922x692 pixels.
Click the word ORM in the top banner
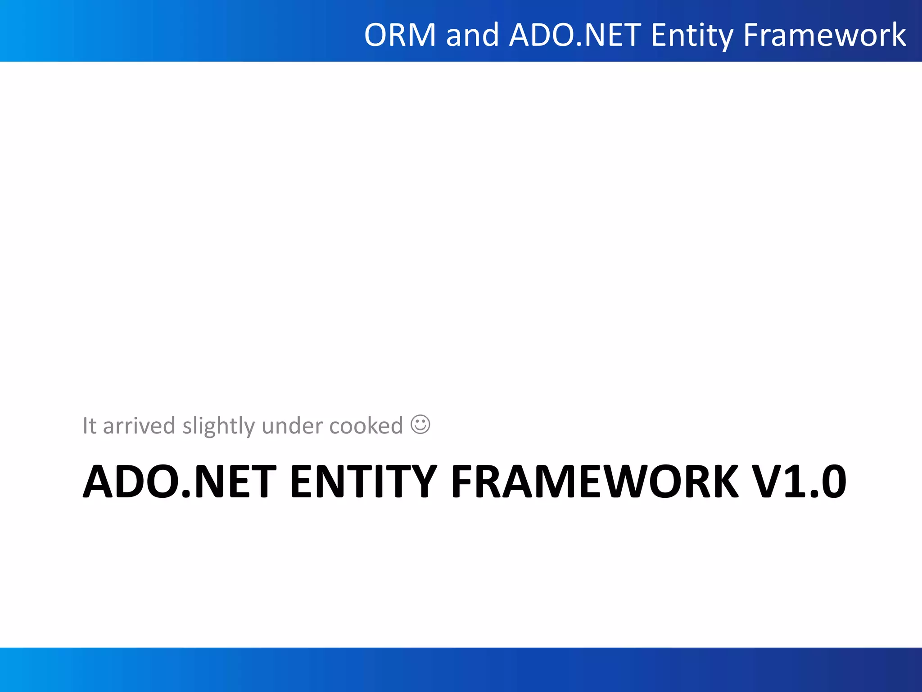tap(400, 35)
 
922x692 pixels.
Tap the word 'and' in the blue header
tap(472, 35)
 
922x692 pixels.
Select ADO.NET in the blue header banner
tap(575, 35)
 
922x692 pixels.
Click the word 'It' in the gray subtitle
tap(89, 426)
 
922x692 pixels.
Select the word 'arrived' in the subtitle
tap(139, 426)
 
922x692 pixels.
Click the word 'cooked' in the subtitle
tap(366, 426)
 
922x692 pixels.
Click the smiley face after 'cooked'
tap(420, 424)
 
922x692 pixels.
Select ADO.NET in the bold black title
tap(180, 482)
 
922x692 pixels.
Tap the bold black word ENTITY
tap(363, 482)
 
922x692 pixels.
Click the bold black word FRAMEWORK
tap(595, 482)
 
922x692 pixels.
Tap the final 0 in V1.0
tap(833, 482)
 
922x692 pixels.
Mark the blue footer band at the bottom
tap(461, 669)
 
